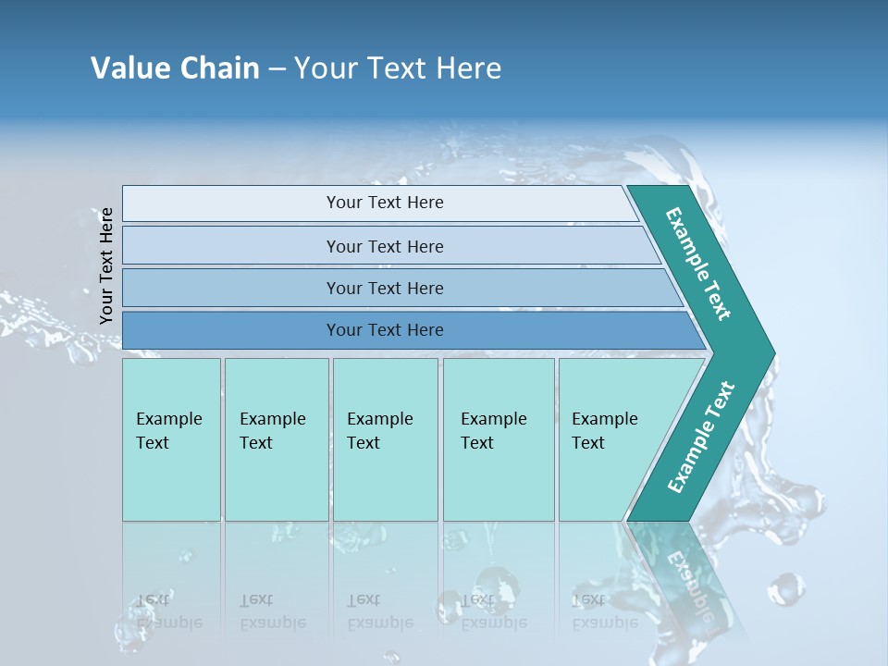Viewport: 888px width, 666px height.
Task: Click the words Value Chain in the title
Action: [175, 68]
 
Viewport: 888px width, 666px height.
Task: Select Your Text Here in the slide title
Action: [398, 68]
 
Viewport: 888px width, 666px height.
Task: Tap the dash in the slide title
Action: [277, 69]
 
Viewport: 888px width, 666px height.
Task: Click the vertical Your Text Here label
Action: [106, 265]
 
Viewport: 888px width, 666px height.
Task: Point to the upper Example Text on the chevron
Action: [698, 264]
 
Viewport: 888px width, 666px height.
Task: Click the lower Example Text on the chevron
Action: [700, 438]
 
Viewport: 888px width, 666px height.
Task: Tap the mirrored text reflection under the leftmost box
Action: [168, 611]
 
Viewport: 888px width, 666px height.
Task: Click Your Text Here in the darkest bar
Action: [385, 330]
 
